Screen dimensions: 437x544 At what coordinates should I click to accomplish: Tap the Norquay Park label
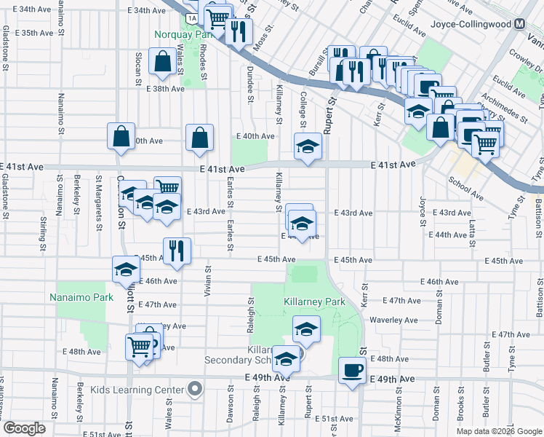point(182,34)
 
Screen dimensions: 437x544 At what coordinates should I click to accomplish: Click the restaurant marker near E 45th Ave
point(177,251)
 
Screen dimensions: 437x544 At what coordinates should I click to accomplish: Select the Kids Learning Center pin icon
point(194,390)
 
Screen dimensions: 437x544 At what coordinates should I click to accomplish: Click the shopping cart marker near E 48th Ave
point(140,345)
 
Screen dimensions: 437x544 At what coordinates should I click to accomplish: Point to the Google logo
point(25,428)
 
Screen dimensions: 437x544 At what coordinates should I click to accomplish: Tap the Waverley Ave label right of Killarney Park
point(393,320)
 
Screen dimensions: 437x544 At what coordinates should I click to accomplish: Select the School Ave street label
point(465,188)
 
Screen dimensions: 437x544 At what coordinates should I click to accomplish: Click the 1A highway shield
point(191,17)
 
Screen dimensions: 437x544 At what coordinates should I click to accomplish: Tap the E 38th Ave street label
point(165,89)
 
